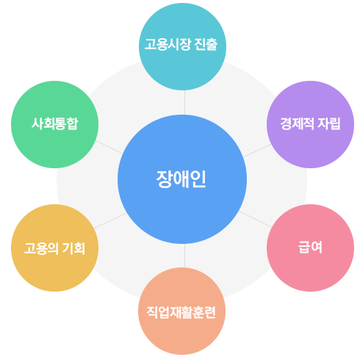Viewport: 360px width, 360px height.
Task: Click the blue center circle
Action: (182, 179)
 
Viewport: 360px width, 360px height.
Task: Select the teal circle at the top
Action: (182, 46)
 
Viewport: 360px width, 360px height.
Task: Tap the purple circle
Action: (310, 124)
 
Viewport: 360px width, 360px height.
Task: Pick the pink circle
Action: (310, 248)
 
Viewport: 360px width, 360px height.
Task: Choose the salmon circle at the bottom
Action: (181, 311)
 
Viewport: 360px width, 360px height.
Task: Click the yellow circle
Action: (54, 248)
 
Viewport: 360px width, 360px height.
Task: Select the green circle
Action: (54, 124)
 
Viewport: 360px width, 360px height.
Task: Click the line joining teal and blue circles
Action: (184, 102)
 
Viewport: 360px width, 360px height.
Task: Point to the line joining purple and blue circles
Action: (257, 151)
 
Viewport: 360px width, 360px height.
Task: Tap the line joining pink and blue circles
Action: (255, 219)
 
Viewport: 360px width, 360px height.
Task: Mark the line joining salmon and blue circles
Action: (184, 256)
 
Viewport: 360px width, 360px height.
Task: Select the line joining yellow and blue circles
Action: (110, 220)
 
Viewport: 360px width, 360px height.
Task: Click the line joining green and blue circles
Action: (109, 147)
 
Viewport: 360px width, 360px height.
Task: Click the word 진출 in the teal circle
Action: (206, 44)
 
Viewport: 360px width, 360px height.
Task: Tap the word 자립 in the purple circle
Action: (328, 123)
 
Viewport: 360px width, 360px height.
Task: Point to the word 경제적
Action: (297, 123)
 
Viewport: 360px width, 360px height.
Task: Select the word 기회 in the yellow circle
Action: (73, 248)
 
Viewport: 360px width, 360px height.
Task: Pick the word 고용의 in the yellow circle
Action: (41, 248)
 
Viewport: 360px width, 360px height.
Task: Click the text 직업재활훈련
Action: (181, 312)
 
